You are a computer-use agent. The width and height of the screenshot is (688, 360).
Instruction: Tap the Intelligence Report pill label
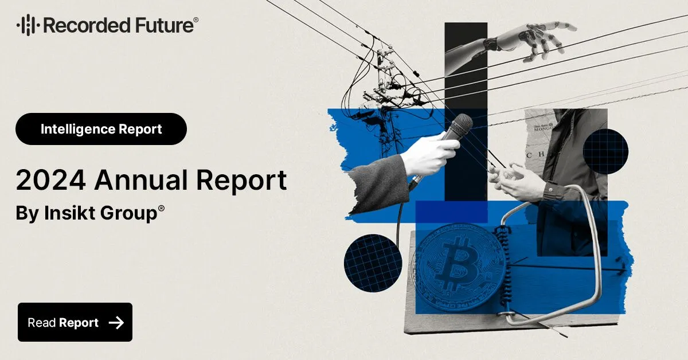[101, 129]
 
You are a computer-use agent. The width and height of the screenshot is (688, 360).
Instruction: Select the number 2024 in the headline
[50, 181]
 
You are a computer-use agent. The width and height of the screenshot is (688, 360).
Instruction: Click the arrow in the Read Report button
[116, 323]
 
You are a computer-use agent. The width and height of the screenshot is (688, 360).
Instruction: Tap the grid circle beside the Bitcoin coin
[373, 263]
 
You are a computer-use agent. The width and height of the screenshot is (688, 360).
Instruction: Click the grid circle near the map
[605, 151]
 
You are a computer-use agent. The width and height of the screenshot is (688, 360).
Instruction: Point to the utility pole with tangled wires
[385, 86]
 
